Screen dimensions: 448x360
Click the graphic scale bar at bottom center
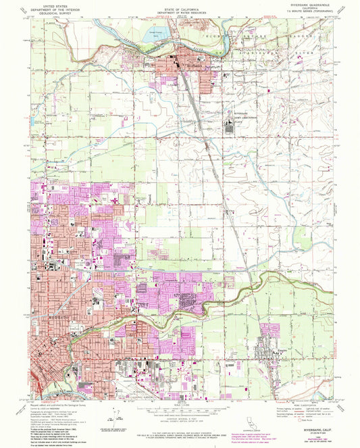[x=177, y=407]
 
